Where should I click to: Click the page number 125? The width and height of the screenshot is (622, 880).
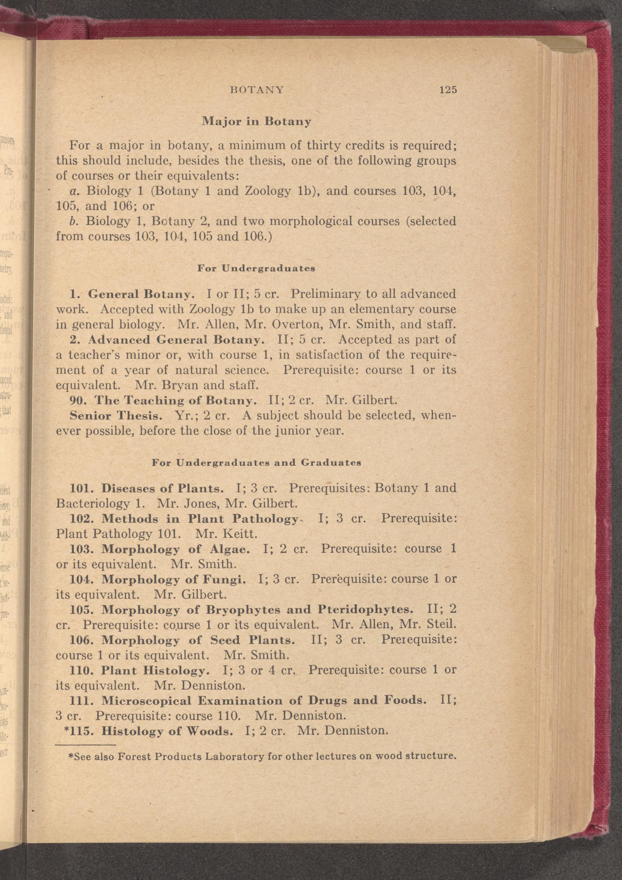tap(448, 90)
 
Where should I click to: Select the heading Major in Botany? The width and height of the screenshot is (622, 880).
tap(256, 122)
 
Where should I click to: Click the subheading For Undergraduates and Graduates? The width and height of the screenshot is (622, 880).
tap(257, 463)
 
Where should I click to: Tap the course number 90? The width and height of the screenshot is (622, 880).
tap(79, 401)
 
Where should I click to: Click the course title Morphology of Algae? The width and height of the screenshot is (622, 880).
tap(176, 549)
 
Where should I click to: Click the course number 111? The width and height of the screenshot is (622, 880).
tap(82, 701)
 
